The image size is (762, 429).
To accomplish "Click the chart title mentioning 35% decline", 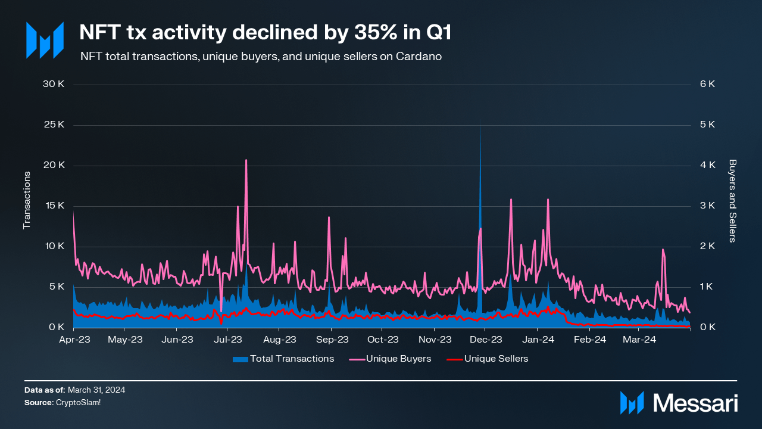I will point(265,33).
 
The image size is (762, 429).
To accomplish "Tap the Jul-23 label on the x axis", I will point(227,340).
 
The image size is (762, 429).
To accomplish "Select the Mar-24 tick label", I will point(639,340).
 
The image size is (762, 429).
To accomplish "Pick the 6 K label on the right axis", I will point(707,84).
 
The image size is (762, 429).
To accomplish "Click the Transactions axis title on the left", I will point(26,200).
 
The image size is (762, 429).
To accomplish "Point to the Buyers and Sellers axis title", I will point(733,200).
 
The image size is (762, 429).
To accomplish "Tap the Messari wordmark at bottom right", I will point(695,403).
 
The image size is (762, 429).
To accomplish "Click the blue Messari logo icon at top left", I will point(44,41).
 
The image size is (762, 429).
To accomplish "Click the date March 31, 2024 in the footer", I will point(96,390).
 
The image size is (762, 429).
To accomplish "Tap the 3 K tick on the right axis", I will point(707,206).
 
